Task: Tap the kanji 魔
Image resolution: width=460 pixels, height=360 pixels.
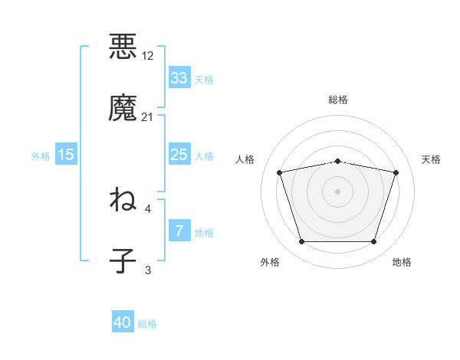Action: (123, 106)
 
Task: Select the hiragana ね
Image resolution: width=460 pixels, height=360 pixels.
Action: (123, 200)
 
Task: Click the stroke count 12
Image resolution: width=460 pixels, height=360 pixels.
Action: (148, 56)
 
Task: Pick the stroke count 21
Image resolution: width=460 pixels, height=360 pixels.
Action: (148, 117)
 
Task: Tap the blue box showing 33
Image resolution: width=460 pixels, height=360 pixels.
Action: (179, 78)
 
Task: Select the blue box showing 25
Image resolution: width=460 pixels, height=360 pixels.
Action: (179, 155)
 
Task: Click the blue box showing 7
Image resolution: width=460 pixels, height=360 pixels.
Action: (179, 231)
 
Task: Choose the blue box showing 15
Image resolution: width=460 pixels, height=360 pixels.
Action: (66, 155)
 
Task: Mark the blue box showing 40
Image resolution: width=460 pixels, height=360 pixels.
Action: (123, 323)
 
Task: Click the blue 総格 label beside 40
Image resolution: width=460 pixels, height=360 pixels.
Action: (148, 324)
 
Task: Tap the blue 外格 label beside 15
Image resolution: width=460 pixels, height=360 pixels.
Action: (41, 155)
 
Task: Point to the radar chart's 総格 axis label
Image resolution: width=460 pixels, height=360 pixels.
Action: (338, 100)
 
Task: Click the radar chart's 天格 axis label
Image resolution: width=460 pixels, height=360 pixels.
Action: (432, 159)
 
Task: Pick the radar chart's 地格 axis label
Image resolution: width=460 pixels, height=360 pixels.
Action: (402, 262)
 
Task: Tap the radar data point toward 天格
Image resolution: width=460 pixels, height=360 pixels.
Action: (396, 172)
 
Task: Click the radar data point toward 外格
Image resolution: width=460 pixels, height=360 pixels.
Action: (302, 242)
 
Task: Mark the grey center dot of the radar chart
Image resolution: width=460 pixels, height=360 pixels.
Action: (338, 191)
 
